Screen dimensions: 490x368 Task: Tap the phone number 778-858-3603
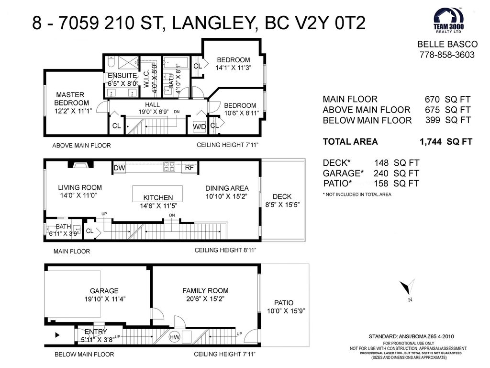point(447,55)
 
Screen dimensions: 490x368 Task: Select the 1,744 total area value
point(430,142)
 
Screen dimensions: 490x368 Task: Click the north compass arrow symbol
point(407,287)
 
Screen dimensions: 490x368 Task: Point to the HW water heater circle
point(174,337)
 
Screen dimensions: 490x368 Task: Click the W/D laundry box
point(200,126)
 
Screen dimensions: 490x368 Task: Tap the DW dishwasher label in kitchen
point(119,168)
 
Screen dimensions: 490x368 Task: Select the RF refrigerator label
point(189,168)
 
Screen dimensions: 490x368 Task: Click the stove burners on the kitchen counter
point(169,166)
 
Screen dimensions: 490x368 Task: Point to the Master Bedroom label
point(71,99)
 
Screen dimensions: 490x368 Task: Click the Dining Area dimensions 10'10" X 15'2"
point(226,196)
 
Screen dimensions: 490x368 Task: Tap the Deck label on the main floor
point(282,196)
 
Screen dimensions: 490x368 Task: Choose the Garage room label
point(104,291)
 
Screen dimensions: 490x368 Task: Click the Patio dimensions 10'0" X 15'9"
point(286,311)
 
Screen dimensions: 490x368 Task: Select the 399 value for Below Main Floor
point(433,120)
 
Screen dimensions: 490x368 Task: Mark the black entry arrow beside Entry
point(57,335)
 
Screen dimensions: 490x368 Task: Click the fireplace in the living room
point(80,164)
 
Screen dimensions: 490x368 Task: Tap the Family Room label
point(205,290)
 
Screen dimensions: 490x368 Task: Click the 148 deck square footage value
point(381,163)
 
